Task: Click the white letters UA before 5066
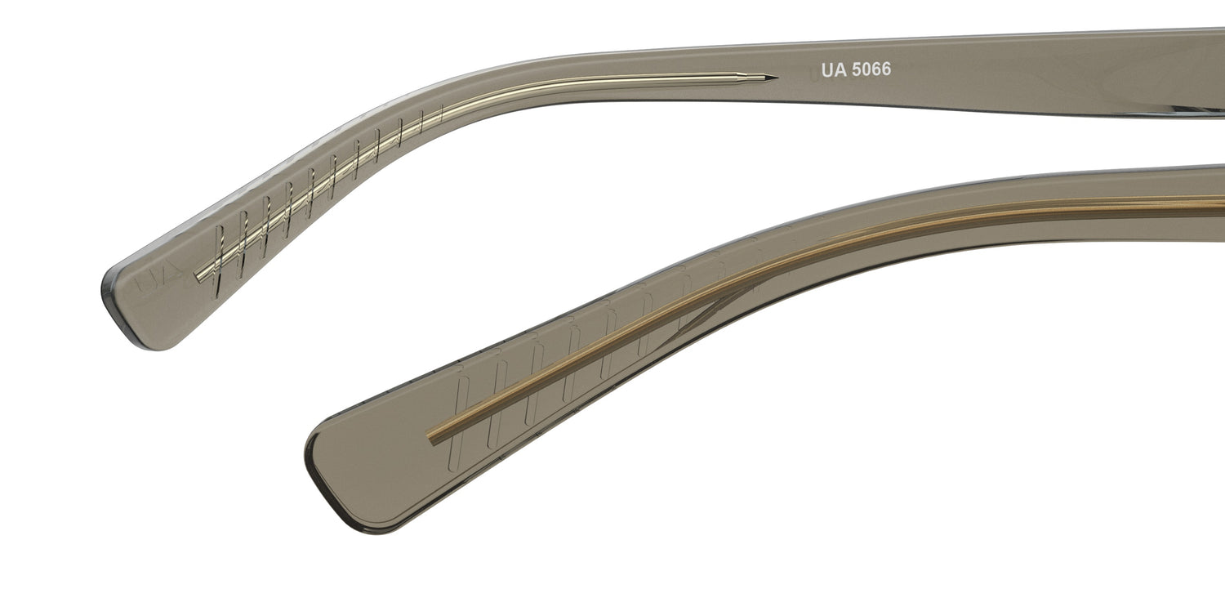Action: pos(834,69)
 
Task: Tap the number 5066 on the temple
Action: pos(871,69)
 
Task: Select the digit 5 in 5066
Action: pos(857,69)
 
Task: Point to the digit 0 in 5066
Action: pos(866,69)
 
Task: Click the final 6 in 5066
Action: pos(887,69)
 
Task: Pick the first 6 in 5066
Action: pos(877,69)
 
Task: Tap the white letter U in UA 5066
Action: pos(827,69)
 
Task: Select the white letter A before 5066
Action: pos(840,69)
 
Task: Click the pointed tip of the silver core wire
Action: pos(777,77)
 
